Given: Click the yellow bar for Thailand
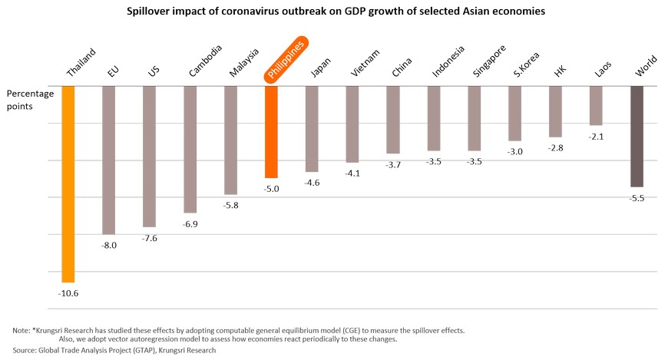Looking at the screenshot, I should pyautogui.click(x=68, y=183).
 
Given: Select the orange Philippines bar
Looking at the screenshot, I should pyautogui.click(x=271, y=132).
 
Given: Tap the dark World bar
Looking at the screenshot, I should pyautogui.click(x=637, y=137).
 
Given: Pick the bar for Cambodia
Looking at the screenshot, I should pyautogui.click(x=190, y=149).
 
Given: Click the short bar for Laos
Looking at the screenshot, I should pyautogui.click(x=596, y=106).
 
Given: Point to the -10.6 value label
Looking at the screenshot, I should pyautogui.click(x=68, y=292).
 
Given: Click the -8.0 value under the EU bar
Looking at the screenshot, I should pyautogui.click(x=109, y=245).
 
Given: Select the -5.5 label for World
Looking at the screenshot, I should pyautogui.click(x=637, y=197).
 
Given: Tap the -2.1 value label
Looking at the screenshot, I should pyautogui.click(x=596, y=136).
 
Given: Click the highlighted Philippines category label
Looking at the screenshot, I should pyautogui.click(x=286, y=60).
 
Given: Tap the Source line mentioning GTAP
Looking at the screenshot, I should pyautogui.click(x=114, y=350).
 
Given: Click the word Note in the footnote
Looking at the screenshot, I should pyautogui.click(x=21, y=330).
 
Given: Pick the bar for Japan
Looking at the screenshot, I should pyautogui.click(x=313, y=129).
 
